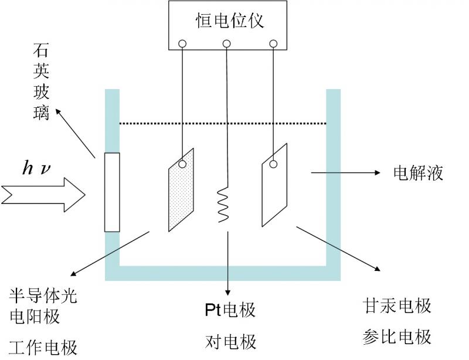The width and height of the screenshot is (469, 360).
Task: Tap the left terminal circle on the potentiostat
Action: (183, 43)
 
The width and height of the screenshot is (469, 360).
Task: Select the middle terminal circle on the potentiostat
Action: (227, 43)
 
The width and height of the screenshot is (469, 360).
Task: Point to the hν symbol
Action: (37, 169)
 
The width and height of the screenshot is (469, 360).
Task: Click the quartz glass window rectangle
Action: (111, 192)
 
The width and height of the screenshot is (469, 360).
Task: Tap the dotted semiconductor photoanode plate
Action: (181, 191)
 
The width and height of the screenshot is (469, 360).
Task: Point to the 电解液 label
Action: (418, 173)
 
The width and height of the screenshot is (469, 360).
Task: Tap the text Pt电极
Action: (230, 310)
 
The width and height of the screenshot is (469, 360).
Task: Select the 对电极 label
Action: (230, 341)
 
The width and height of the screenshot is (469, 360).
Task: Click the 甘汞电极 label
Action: (397, 305)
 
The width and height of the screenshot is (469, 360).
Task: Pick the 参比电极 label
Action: (397, 337)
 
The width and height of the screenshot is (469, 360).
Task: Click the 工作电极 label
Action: (44, 347)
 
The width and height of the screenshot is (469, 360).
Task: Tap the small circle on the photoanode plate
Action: (183, 165)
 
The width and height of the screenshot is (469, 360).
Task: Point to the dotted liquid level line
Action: (223, 123)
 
